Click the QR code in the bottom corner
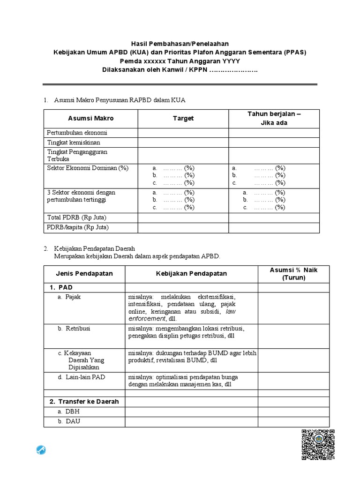tap(318, 445)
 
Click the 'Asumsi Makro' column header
tap(90, 119)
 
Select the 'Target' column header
tap(183, 119)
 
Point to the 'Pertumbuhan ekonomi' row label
tap(77, 132)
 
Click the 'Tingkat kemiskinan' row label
tap(74, 142)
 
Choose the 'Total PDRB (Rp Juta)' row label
tap(76, 217)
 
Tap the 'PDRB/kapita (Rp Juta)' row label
tap(78, 227)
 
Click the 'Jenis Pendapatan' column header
tap(84, 274)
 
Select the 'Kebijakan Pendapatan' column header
tap(191, 274)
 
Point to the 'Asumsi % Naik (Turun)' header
tap(293, 274)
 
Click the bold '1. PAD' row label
tap(61, 287)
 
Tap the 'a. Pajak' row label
tap(69, 297)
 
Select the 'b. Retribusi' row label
tap(74, 329)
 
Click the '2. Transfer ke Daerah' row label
tap(84, 402)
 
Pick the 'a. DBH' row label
tap(69, 412)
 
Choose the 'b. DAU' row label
tap(69, 421)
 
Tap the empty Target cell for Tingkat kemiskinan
tap(183, 142)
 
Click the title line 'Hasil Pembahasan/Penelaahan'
tap(180, 44)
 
